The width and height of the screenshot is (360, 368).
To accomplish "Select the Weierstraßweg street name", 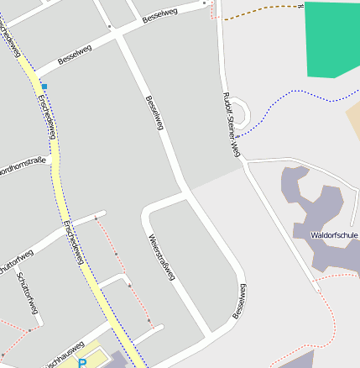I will coord(160,250).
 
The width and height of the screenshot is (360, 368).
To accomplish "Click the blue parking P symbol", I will coord(82,363).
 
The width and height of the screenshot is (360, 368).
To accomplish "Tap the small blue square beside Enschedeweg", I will coord(44,87).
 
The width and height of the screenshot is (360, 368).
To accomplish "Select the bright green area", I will coord(331,38).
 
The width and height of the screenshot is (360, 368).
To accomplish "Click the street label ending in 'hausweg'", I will coord(63,354).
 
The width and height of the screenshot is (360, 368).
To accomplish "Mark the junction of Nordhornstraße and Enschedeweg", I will coord(55,158).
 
